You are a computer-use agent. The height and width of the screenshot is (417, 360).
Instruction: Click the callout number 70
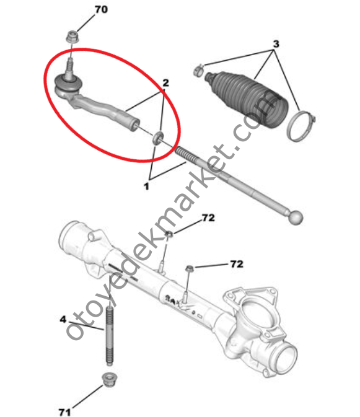[101, 10]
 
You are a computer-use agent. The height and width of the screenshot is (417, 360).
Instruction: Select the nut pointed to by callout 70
[72, 37]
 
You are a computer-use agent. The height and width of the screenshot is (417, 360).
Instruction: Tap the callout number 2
[165, 82]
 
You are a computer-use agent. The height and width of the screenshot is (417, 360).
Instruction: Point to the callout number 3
[276, 44]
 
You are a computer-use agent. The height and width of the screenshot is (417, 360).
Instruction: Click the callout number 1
[146, 186]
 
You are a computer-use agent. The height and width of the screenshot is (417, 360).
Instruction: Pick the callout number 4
[63, 319]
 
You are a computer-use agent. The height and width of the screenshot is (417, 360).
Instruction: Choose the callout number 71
[64, 411]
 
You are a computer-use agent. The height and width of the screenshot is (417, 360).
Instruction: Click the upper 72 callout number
[208, 218]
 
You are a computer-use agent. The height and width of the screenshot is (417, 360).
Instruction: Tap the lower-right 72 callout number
[237, 264]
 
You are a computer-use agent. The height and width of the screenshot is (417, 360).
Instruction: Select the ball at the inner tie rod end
[296, 217]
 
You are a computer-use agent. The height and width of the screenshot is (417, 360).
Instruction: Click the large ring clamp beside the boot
[301, 126]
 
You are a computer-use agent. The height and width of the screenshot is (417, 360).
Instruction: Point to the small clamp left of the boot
[198, 70]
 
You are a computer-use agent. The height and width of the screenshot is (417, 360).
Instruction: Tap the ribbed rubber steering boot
[246, 99]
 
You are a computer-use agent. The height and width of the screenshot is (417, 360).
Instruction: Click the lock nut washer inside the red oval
[158, 138]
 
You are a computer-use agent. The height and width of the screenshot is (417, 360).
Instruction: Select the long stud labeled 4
[110, 336]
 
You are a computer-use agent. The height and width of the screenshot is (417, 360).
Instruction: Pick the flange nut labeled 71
[108, 379]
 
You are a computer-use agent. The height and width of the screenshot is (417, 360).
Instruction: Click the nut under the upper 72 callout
[169, 234]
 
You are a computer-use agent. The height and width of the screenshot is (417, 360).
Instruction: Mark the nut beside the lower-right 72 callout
[190, 268]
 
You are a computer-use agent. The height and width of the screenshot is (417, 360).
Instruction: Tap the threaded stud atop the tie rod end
[70, 69]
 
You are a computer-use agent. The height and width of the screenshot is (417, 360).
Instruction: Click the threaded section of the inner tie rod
[187, 154]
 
